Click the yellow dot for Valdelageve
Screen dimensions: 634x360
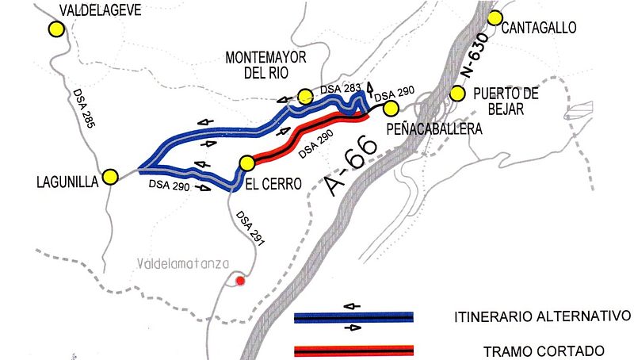(x=55, y=29)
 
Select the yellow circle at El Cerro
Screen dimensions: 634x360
(x=247, y=163)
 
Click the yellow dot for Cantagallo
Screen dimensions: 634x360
(x=496, y=18)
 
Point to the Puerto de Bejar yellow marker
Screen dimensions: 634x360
(x=456, y=94)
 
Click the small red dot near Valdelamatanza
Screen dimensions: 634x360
(x=241, y=279)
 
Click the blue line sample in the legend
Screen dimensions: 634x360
(x=353, y=318)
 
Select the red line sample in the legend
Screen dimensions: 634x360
(x=353, y=350)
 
